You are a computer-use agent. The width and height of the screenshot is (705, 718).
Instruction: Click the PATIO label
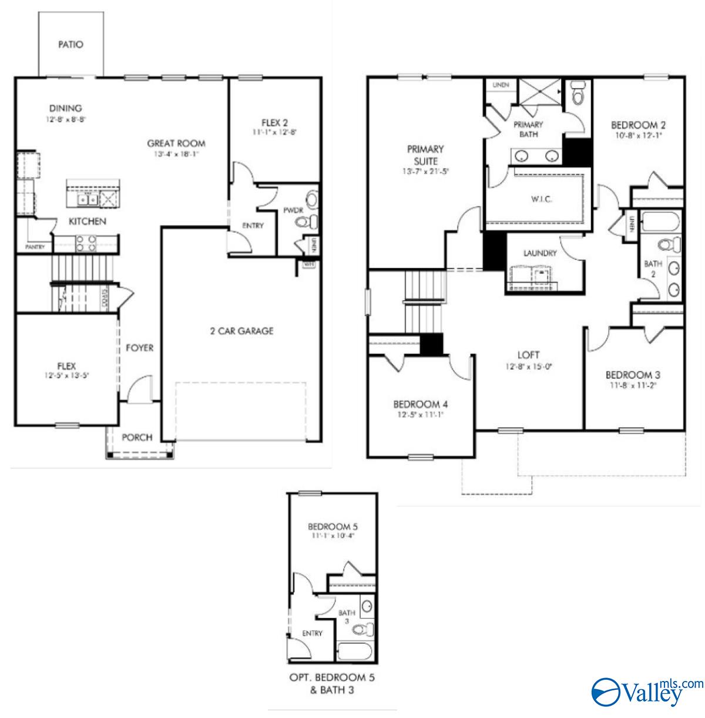click(x=70, y=44)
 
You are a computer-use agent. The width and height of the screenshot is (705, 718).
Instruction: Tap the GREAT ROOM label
click(x=176, y=143)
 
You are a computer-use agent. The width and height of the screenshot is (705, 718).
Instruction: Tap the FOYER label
click(x=139, y=348)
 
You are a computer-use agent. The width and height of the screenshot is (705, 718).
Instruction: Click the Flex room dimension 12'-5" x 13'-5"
click(x=66, y=375)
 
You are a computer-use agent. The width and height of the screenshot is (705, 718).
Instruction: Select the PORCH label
click(x=137, y=437)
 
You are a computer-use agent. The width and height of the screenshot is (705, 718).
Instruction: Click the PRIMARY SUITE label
click(x=425, y=155)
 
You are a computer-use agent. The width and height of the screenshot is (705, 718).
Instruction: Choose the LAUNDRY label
click(x=540, y=253)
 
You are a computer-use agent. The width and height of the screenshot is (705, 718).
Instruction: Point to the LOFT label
click(x=528, y=355)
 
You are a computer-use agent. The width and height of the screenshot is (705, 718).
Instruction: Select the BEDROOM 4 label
click(x=421, y=404)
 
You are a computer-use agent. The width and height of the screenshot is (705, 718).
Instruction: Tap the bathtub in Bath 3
click(x=354, y=652)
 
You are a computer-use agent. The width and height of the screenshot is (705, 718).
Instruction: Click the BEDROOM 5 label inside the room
click(x=333, y=526)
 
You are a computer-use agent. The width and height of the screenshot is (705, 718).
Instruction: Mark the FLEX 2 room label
click(x=274, y=123)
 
